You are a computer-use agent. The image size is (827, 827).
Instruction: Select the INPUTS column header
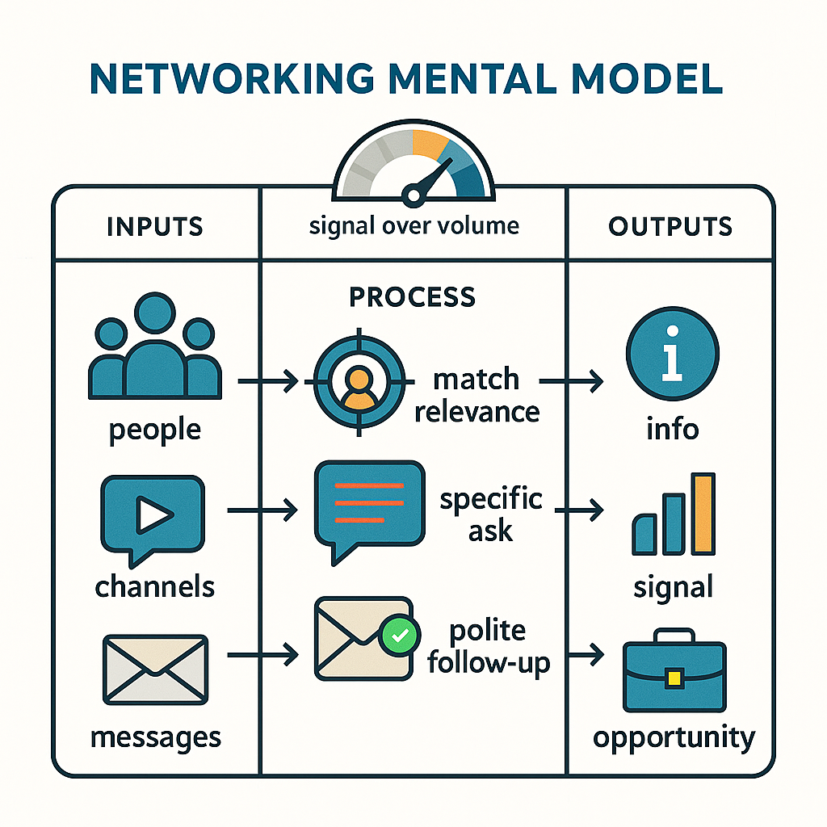pos(155,226)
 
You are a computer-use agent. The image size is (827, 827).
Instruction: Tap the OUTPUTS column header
pos(670,226)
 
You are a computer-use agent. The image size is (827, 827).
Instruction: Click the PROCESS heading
pos(413,296)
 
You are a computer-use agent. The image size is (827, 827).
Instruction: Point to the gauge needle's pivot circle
pos(413,194)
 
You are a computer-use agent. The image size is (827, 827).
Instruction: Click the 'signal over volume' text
pos(413,226)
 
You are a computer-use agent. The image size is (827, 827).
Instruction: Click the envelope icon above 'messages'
pos(155,669)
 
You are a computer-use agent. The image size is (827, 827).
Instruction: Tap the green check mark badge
pos(399,636)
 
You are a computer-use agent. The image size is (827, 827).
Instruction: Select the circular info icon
pos(672,355)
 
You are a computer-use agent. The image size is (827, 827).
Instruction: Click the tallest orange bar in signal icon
pos(704,514)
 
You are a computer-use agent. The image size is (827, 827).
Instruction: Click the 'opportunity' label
pos(674,737)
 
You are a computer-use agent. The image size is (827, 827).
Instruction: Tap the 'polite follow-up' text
pos(488,647)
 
